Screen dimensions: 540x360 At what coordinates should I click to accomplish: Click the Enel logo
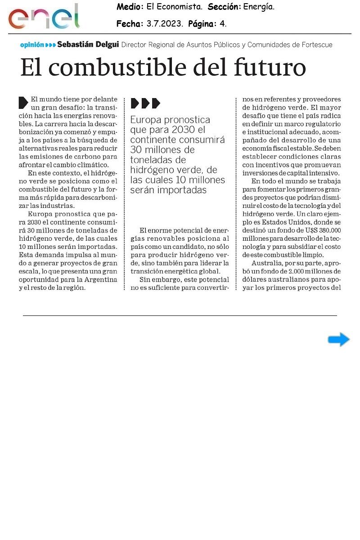pyautogui.click(x=44, y=17)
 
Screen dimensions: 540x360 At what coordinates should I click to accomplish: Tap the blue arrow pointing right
pyautogui.click(x=338, y=340)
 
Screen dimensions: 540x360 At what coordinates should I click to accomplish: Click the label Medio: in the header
pyautogui.click(x=130, y=7)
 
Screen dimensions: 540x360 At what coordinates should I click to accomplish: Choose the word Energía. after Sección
pyautogui.click(x=259, y=7)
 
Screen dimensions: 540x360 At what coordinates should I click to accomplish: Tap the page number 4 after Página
pyautogui.click(x=222, y=24)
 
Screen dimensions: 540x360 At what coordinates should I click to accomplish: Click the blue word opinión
pyautogui.click(x=32, y=45)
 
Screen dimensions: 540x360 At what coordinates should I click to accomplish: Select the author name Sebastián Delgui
pyautogui.click(x=88, y=45)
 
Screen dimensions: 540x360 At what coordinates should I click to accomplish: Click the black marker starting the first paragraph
pyautogui.click(x=23, y=102)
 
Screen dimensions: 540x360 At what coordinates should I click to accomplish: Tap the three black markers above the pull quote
pyautogui.click(x=145, y=103)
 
